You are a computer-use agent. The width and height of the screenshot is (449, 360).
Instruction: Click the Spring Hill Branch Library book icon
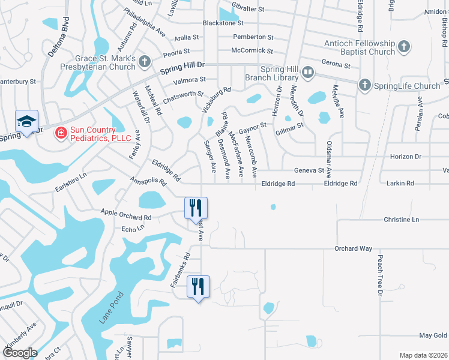(308, 73)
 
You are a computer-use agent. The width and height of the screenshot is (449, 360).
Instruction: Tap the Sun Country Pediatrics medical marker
(61, 133)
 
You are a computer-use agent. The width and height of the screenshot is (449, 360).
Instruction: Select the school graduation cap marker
(26, 122)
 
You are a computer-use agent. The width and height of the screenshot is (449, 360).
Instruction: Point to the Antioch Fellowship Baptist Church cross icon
(404, 46)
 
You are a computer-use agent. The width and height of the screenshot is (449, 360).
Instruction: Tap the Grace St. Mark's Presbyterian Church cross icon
(144, 61)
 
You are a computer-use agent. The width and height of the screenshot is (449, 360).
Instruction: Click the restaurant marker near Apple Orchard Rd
(196, 208)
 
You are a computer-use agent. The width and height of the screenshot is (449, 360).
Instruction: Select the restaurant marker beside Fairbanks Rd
(198, 286)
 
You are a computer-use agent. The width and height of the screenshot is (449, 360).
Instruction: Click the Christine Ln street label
(401, 220)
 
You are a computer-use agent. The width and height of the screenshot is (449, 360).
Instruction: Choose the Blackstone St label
(223, 23)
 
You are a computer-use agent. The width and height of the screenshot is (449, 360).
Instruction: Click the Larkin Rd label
(402, 183)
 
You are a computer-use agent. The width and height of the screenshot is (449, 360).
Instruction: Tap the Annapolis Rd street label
(147, 182)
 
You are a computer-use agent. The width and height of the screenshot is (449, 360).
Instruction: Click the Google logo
(20, 353)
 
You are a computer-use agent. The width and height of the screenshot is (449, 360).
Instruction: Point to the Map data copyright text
(423, 355)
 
